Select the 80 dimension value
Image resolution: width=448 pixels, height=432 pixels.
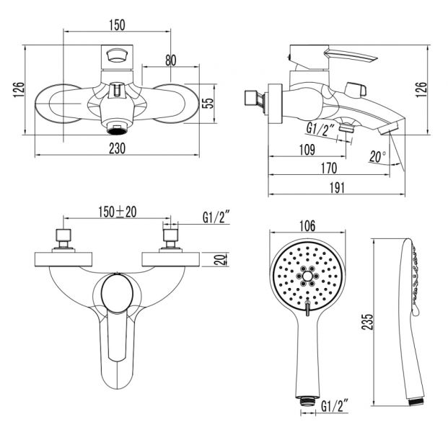(171, 60)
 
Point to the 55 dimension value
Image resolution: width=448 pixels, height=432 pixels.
(208, 103)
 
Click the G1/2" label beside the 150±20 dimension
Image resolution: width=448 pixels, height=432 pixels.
(215, 215)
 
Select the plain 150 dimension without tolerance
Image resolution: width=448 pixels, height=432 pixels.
(118, 24)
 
